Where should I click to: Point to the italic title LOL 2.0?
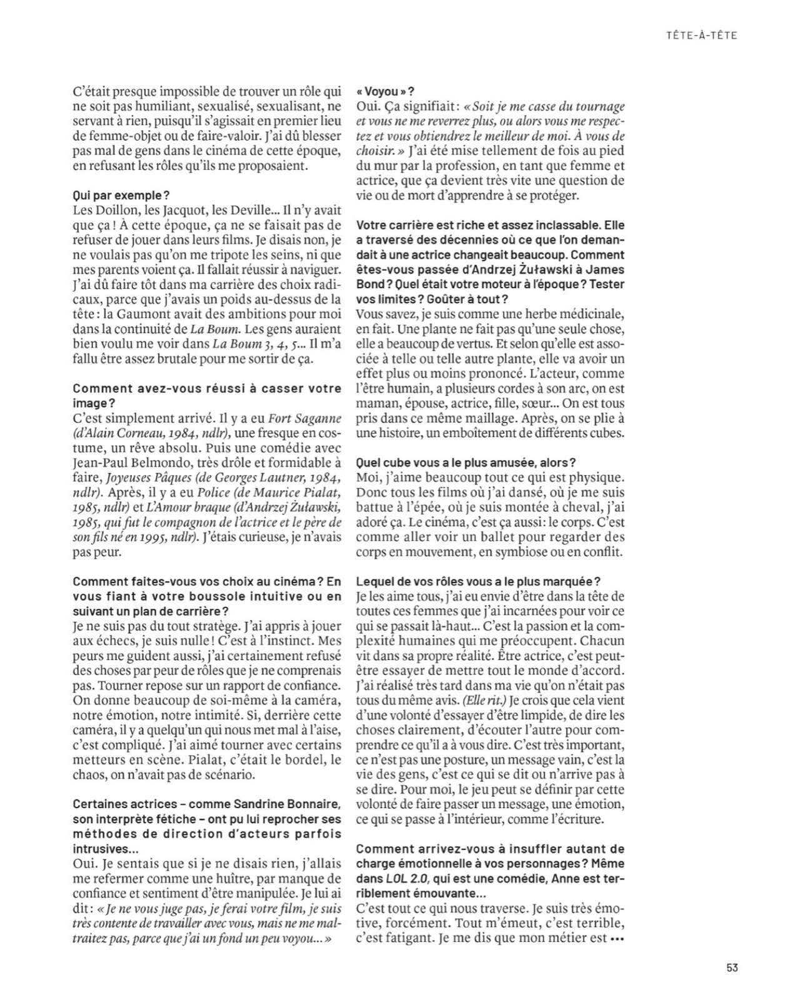[x=402, y=878]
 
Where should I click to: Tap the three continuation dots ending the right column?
[x=617, y=938]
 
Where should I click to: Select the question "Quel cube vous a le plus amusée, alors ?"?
[x=465, y=462]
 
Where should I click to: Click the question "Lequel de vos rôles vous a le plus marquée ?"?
[x=478, y=581]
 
